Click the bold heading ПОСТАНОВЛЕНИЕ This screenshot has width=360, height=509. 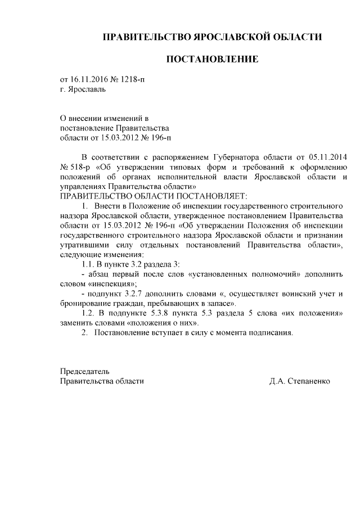tap(212, 59)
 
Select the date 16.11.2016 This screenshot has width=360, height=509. tap(88, 79)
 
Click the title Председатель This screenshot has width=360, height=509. tap(85, 371)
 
